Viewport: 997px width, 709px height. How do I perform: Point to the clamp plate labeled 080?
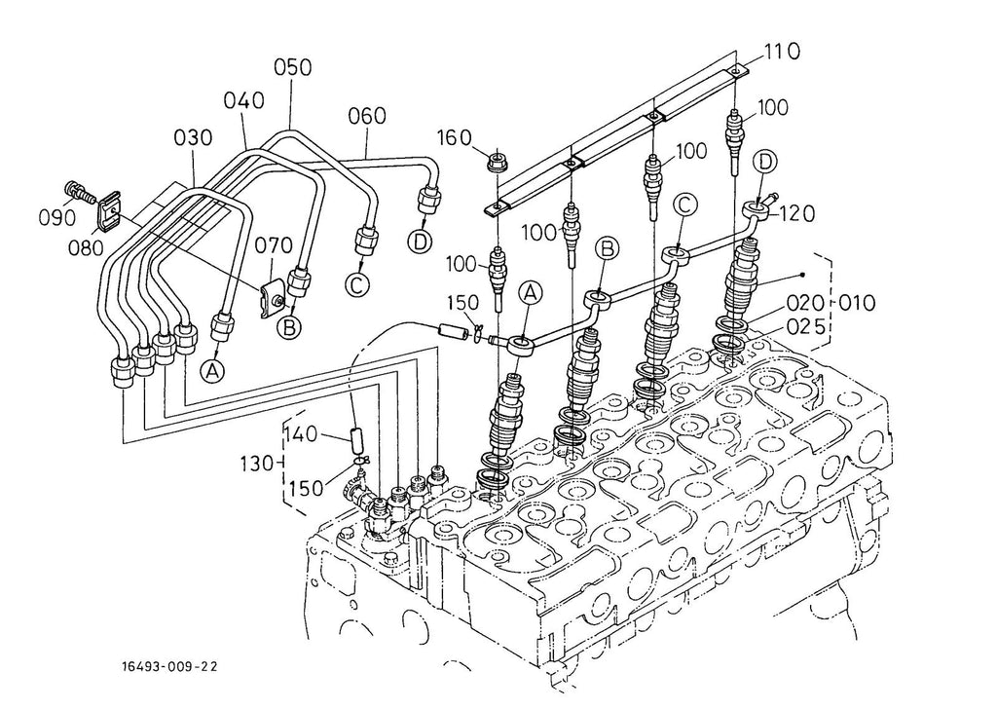tap(109, 209)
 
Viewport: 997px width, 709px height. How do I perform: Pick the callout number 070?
tap(274, 244)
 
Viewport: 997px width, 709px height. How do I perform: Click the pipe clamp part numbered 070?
tap(272, 296)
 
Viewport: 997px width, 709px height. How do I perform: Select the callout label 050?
tap(292, 67)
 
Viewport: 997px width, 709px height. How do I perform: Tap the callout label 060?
tap(367, 116)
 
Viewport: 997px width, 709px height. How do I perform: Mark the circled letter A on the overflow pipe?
tap(530, 293)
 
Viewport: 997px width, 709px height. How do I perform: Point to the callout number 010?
tap(855, 302)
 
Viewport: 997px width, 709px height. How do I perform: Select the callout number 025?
tap(805, 326)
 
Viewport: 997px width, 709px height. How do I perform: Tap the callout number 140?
tap(301, 434)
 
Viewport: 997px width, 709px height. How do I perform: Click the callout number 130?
tap(257, 463)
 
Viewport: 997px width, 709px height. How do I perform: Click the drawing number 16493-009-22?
tap(169, 666)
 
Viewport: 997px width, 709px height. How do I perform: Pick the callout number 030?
tap(194, 137)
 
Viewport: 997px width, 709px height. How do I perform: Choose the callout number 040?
tap(244, 100)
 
